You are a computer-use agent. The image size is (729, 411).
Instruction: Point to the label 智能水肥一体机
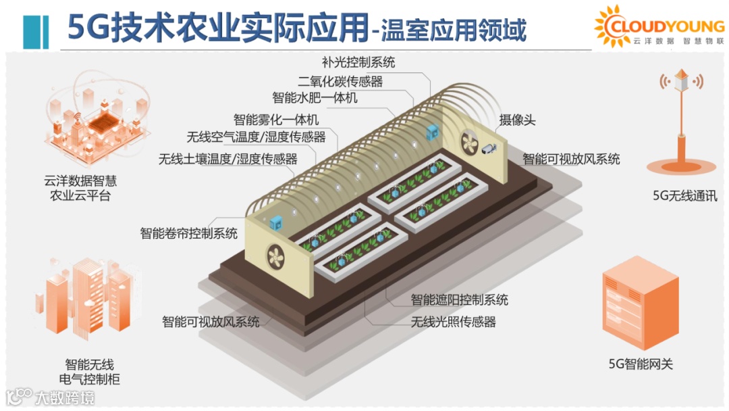tap(315, 99)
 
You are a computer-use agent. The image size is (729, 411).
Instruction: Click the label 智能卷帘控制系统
tap(188, 234)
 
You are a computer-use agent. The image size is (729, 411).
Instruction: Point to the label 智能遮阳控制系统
tap(460, 299)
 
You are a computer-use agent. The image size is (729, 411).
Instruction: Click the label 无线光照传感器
tap(454, 322)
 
